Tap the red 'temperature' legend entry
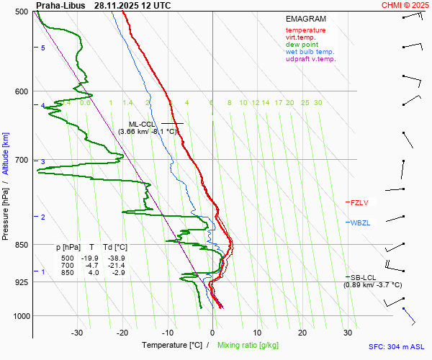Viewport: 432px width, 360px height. click(x=305, y=30)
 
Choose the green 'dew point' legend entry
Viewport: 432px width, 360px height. click(x=302, y=45)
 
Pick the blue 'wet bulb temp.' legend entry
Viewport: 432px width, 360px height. click(x=310, y=52)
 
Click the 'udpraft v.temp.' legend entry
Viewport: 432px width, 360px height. click(x=310, y=59)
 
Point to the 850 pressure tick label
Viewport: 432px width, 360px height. click(x=20, y=245)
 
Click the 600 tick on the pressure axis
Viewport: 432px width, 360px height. click(x=20, y=91)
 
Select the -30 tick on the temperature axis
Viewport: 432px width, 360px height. click(x=78, y=333)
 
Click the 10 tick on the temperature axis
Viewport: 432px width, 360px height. click(x=258, y=333)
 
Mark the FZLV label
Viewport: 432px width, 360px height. click(x=359, y=202)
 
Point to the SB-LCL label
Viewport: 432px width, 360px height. click(x=363, y=277)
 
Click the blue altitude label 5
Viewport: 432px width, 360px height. click(x=43, y=48)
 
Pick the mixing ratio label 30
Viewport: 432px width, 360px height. click(x=318, y=103)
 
